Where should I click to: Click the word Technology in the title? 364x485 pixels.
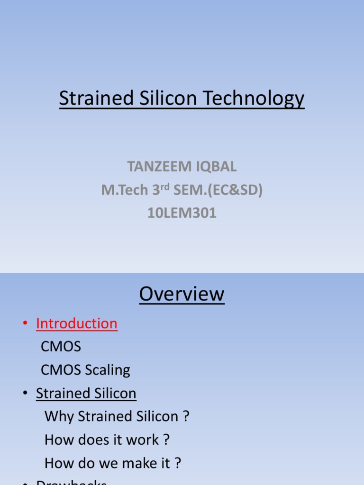coord(254,99)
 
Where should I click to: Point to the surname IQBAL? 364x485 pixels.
coord(216,167)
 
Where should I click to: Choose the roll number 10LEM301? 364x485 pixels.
coord(182,213)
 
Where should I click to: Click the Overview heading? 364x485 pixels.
coord(182,294)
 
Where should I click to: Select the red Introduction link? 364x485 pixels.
coord(77,323)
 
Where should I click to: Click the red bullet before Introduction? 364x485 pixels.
coord(25,324)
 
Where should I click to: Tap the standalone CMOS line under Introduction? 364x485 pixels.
coord(61,347)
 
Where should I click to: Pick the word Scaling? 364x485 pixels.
coord(108,370)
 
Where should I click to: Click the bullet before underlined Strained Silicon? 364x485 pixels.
coord(25,394)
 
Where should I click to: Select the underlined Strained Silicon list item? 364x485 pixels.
coord(86,393)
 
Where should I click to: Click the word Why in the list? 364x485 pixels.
coord(59,416)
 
